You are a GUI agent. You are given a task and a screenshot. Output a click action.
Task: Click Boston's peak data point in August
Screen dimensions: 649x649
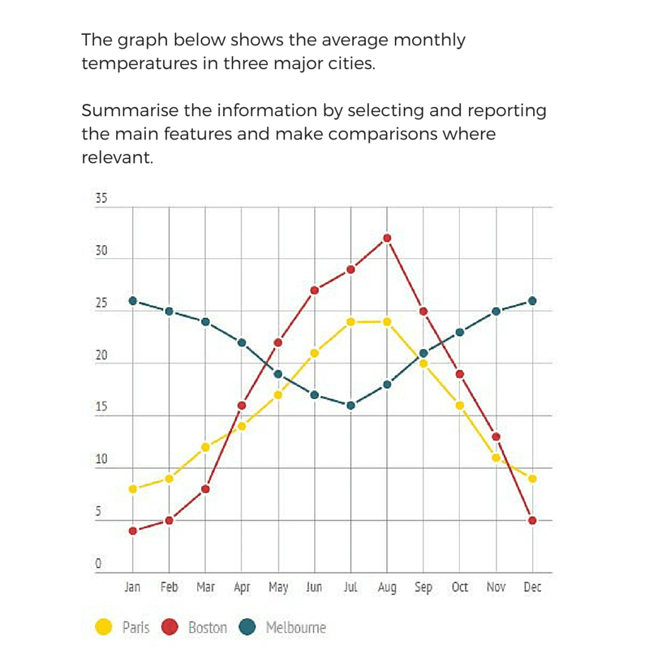click(387, 238)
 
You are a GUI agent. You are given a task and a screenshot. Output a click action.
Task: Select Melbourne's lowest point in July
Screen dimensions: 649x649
click(350, 406)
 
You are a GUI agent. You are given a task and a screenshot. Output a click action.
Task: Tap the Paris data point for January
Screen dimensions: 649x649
click(132, 489)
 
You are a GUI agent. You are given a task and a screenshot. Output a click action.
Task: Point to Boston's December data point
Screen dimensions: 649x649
click(532, 520)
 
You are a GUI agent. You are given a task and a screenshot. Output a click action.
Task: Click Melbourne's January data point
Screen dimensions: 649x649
click(132, 300)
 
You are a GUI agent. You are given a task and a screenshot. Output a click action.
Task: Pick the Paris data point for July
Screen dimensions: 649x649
click(350, 321)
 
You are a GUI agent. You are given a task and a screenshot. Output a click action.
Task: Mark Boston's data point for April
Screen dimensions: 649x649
click(241, 405)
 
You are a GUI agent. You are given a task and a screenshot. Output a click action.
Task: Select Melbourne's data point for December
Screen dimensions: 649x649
click(532, 300)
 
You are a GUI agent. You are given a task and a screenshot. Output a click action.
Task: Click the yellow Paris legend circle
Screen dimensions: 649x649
click(104, 627)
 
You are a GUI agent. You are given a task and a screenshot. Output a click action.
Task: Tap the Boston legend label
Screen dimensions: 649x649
click(208, 627)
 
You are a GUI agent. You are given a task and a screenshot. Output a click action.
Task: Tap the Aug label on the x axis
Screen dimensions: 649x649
click(387, 587)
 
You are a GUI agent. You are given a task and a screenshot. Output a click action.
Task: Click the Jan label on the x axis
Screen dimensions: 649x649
click(132, 587)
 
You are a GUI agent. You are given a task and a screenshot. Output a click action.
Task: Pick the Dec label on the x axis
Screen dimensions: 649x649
click(532, 587)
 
